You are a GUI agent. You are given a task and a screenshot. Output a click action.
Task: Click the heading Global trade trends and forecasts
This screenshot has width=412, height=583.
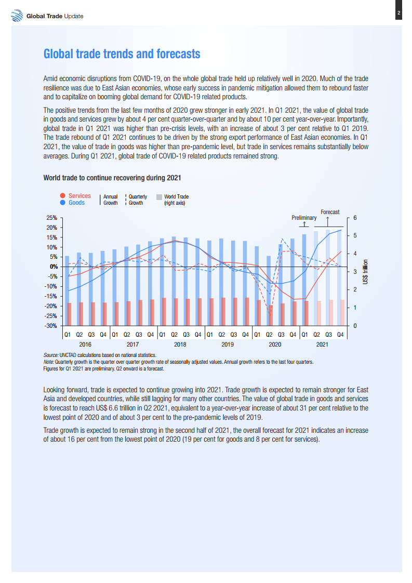[x=122, y=55]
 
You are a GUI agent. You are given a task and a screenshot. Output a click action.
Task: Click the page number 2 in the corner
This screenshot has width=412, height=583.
[x=398, y=13]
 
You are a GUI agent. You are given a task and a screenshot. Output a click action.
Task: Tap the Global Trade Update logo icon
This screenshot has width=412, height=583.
[x=17, y=16]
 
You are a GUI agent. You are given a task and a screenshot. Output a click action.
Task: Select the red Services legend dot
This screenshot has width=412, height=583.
[x=62, y=196]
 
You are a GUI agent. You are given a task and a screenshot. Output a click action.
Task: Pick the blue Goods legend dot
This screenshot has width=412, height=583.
[x=62, y=203]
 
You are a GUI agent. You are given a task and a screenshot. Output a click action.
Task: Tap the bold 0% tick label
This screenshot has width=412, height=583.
[x=52, y=267]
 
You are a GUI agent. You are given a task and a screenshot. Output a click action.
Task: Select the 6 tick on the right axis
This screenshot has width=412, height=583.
[x=355, y=218]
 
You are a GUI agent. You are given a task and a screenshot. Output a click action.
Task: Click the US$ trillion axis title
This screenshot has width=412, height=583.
[x=366, y=271]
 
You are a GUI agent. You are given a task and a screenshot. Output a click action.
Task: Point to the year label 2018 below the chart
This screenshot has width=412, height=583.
[x=180, y=344]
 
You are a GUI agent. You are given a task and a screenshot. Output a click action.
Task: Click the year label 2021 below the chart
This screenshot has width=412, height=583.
[x=323, y=344]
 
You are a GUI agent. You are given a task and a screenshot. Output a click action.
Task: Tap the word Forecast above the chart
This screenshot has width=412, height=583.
[x=330, y=212]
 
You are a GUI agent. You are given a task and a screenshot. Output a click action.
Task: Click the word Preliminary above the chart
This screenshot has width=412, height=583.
[x=304, y=218]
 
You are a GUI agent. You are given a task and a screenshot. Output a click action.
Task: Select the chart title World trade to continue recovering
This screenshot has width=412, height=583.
[x=112, y=178]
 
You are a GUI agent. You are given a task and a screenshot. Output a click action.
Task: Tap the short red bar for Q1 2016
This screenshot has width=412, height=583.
[x=69, y=314]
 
